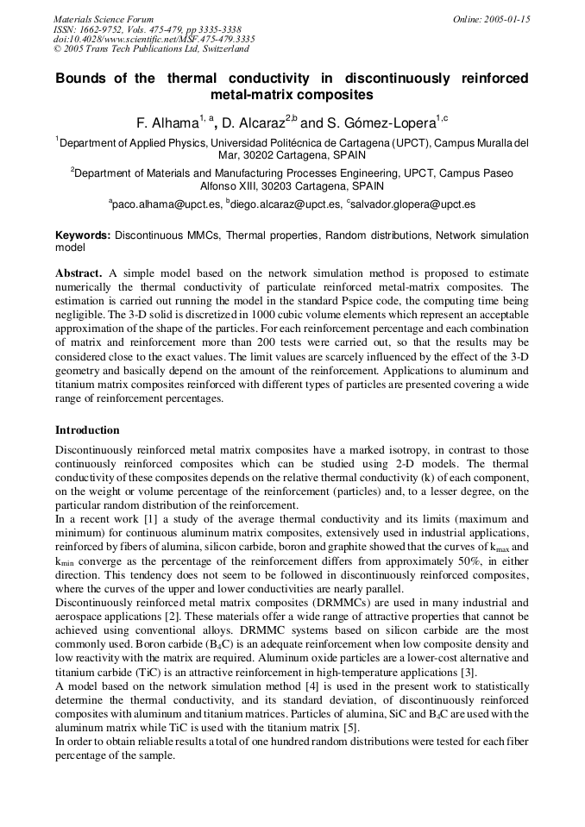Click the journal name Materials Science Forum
click(x=104, y=19)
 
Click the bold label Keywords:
click(x=83, y=235)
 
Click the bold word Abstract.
click(x=79, y=273)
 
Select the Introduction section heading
click(x=87, y=429)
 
